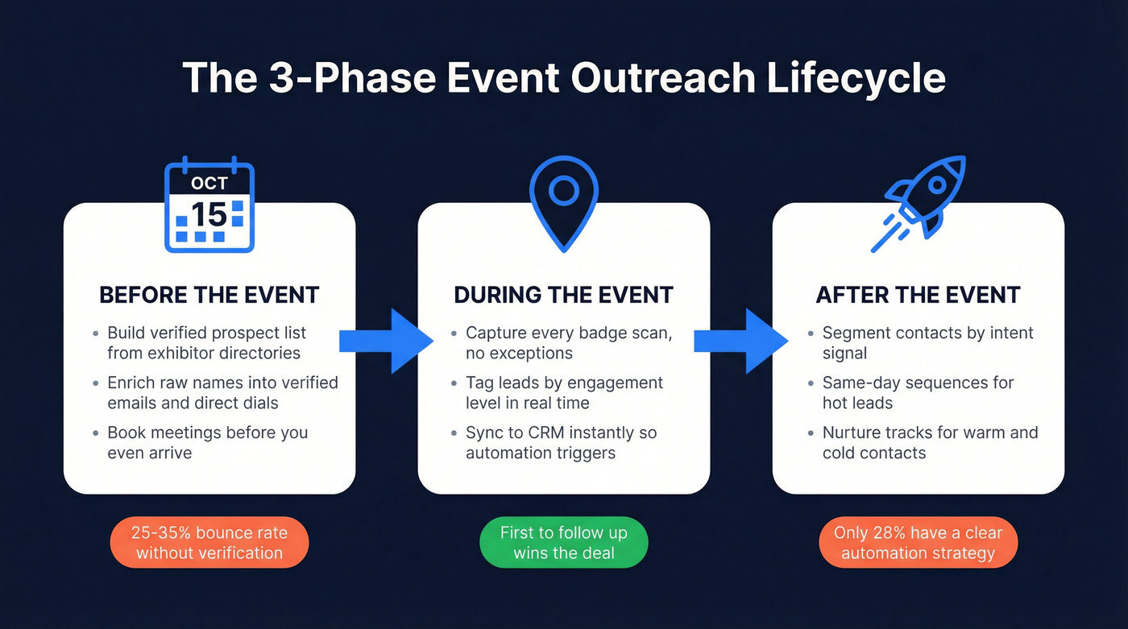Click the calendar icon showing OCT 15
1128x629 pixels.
(x=209, y=203)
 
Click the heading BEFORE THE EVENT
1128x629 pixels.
(x=209, y=295)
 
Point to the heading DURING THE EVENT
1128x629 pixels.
(x=563, y=295)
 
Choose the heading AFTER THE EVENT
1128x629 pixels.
(x=918, y=295)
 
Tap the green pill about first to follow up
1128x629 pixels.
(x=563, y=543)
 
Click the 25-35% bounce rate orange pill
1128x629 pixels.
(x=209, y=543)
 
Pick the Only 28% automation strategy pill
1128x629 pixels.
(x=918, y=543)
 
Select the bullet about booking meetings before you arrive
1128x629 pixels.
(x=207, y=442)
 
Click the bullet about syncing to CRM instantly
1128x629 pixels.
(x=561, y=442)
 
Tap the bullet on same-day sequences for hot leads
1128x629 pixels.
(x=918, y=392)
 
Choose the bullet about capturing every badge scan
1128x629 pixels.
(x=568, y=343)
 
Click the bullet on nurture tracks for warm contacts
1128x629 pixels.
(x=930, y=442)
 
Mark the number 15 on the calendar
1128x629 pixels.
(x=209, y=214)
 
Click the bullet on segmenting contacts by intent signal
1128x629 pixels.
(x=927, y=343)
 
